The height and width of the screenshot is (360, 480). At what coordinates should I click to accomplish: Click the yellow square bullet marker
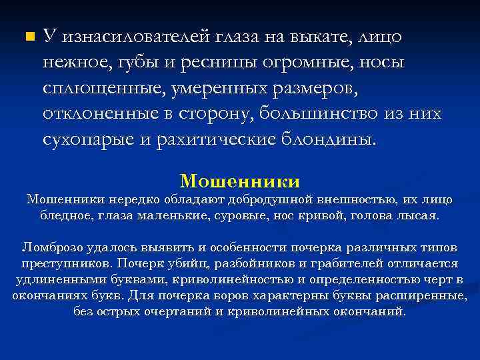tap(27, 36)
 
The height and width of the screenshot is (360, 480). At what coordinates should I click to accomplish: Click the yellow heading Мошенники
tap(240, 181)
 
